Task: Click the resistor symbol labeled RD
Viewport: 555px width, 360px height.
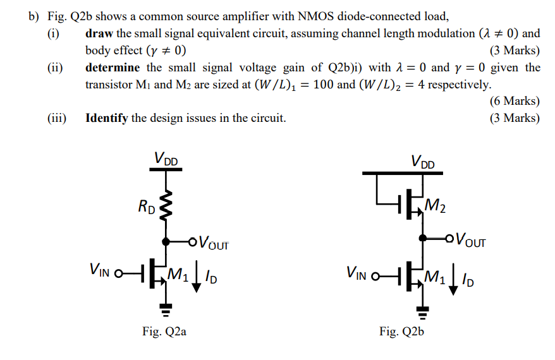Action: tap(166, 207)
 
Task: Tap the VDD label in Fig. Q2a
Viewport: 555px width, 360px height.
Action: tap(166, 159)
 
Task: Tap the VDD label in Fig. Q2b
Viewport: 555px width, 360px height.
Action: tap(423, 162)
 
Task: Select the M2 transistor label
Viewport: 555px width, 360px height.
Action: tap(435, 205)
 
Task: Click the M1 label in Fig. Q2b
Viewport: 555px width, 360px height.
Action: tap(436, 275)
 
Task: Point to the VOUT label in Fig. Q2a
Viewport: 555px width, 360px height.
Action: tap(214, 242)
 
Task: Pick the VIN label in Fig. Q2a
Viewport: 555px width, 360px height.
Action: tap(101, 272)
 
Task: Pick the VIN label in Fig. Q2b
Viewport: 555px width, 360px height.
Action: tap(358, 273)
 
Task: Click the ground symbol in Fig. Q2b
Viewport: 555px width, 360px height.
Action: tap(422, 309)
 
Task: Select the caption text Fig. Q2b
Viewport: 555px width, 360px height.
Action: tap(401, 331)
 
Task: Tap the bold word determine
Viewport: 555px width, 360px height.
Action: tap(113, 67)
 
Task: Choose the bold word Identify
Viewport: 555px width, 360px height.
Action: tap(107, 117)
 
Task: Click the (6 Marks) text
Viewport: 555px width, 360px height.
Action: tap(515, 100)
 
